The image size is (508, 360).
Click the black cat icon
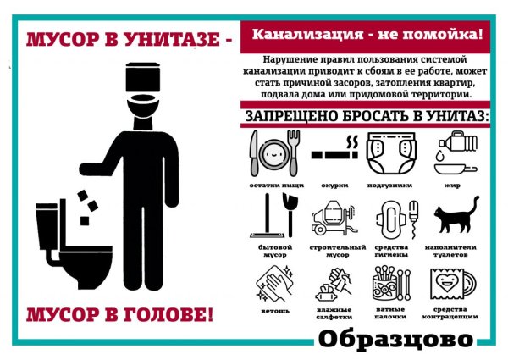(x=457, y=216)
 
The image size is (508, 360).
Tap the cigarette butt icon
(x=333, y=155)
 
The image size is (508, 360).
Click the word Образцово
(x=395, y=338)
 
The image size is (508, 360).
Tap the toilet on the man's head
(x=140, y=85)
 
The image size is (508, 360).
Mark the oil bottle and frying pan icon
(x=453, y=151)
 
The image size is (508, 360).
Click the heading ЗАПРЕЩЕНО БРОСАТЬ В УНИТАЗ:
(x=367, y=114)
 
